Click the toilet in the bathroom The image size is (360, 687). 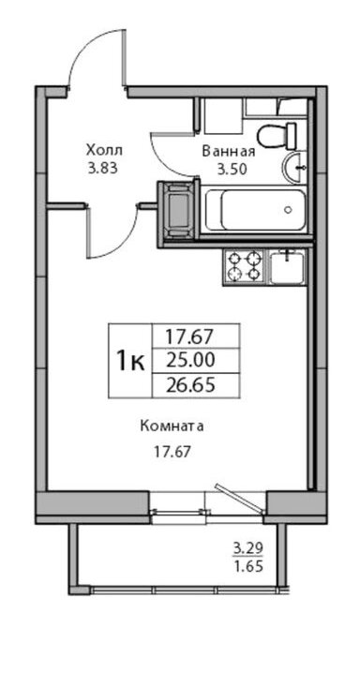pos(277,136)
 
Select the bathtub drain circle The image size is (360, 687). pos(288,209)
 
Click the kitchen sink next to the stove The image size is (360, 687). pos(287,267)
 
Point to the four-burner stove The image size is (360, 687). pos(245,267)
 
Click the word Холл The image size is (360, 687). pos(104,151)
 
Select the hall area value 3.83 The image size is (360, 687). pos(103,169)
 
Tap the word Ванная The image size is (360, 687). pos(229,152)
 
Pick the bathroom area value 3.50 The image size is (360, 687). pos(229,169)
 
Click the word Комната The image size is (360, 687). pos(172,426)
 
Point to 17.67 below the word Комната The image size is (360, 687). pos(172,452)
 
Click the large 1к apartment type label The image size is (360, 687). pos(129,361)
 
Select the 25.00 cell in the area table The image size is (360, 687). pos(190,361)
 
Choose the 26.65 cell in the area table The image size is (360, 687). pos(190,385)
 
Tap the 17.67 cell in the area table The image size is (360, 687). pos(189,336)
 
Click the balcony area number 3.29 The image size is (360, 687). pos(247,547)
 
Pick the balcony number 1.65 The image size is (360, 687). pos(248,566)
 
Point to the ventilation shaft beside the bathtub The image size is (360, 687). pos(179,210)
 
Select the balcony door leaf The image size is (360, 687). pos(240,499)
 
